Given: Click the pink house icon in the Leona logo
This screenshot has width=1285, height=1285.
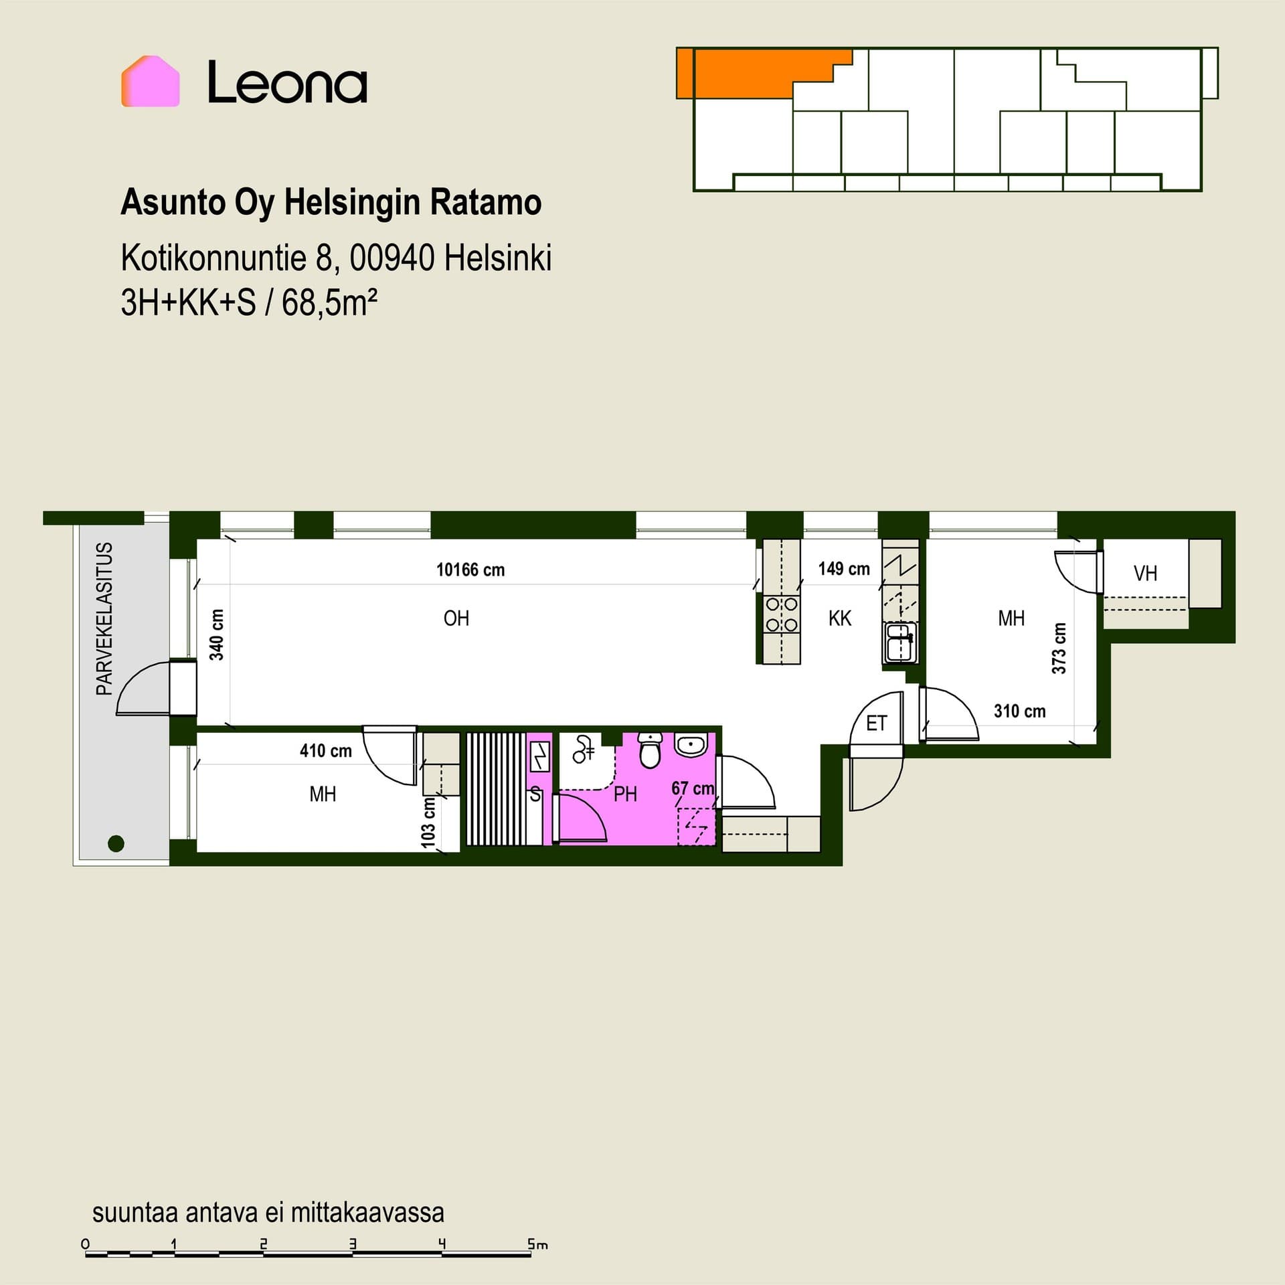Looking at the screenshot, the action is (x=150, y=81).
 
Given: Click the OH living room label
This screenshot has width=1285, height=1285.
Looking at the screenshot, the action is (x=456, y=618).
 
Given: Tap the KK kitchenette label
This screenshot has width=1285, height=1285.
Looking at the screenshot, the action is (x=840, y=618).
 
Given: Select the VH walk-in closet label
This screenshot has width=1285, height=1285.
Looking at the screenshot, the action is (x=1145, y=574).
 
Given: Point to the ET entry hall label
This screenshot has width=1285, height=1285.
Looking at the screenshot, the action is (x=876, y=723).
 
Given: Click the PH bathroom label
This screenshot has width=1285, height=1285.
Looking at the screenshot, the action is (x=625, y=794).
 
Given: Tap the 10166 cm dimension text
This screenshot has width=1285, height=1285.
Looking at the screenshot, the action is (x=470, y=570).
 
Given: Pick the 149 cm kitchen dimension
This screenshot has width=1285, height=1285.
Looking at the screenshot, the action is (x=844, y=569).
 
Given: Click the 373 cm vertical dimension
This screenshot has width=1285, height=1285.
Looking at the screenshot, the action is (x=1059, y=648).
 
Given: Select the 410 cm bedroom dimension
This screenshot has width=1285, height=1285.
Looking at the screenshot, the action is (x=326, y=751).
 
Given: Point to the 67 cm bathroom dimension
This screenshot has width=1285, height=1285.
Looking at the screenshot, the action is (x=693, y=788).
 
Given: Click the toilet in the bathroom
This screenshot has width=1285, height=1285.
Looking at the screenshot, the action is (x=650, y=749).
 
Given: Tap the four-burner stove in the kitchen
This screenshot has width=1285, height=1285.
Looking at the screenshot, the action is (x=782, y=615).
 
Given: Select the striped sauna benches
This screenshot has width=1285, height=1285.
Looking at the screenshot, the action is (x=497, y=789).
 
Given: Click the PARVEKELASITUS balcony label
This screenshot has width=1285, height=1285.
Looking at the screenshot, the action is (x=104, y=618).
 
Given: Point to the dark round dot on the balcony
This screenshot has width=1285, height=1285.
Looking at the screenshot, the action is (x=116, y=843).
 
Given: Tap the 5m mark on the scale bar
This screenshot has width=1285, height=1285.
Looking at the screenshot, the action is (x=537, y=1244).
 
